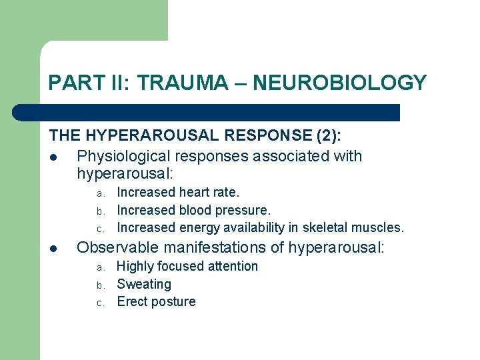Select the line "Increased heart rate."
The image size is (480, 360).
point(178,193)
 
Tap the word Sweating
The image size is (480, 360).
point(144,284)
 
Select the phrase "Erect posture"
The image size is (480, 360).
point(156,301)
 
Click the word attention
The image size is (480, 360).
point(231,266)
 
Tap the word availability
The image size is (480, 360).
point(248,227)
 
